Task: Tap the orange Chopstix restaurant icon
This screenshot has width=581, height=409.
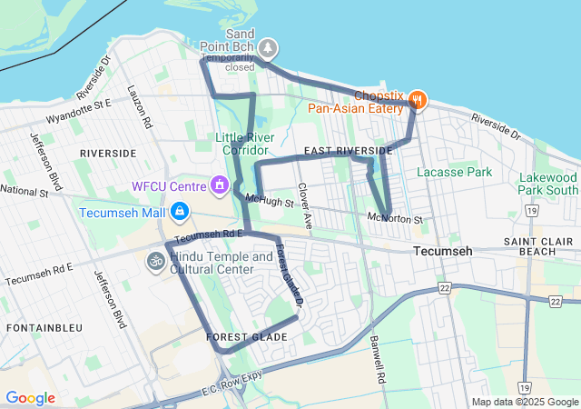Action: [x=418, y=99]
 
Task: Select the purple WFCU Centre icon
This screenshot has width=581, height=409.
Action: [x=219, y=186]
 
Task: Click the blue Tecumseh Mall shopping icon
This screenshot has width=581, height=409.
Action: [x=180, y=212]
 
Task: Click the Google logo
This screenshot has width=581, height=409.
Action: [x=30, y=398]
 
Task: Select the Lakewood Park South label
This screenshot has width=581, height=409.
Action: [x=548, y=184]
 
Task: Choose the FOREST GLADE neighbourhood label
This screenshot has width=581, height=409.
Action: [x=246, y=337]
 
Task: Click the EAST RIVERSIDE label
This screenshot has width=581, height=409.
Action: [x=348, y=150]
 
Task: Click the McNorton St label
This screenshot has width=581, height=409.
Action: [x=396, y=219]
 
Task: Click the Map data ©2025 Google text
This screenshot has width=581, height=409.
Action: [x=524, y=402]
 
